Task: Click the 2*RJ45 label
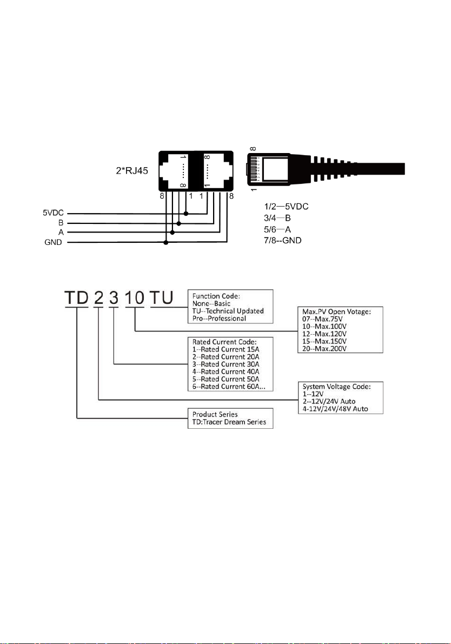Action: coord(132,170)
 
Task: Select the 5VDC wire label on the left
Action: coord(54,213)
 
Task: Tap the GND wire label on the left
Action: coord(54,242)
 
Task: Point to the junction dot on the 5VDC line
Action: coord(186,214)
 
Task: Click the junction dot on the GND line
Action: coord(166,243)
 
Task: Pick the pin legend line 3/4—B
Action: coord(277,218)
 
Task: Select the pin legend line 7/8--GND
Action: coord(283,240)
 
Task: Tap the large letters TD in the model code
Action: coord(77,298)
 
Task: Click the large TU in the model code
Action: coord(162,298)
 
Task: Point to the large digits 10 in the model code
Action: coord(135,298)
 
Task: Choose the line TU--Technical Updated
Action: coord(228,311)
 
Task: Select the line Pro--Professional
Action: coord(219,318)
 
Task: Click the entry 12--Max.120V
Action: coord(324,334)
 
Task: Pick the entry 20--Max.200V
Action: coord(324,349)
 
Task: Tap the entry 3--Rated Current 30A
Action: coord(226,364)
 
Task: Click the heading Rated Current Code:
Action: coord(224,342)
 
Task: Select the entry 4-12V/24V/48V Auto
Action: coord(335,409)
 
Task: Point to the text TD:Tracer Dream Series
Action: coord(229,422)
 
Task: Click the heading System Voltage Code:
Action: coord(336,387)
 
